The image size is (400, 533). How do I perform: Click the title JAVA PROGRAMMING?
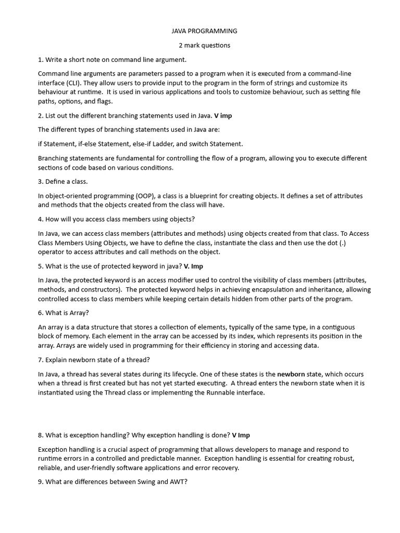pyautogui.click(x=201, y=31)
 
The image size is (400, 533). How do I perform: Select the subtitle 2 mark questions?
pyautogui.click(x=201, y=45)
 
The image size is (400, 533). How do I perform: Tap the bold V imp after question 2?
pyautogui.click(x=223, y=116)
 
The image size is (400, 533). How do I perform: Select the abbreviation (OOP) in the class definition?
pyautogui.click(x=146, y=196)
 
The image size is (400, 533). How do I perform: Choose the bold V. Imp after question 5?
pyautogui.click(x=193, y=266)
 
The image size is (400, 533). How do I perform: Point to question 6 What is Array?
pyautogui.click(x=64, y=313)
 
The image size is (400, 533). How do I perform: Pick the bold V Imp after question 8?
pyautogui.click(x=241, y=435)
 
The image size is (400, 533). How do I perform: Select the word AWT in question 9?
pyautogui.click(x=176, y=482)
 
